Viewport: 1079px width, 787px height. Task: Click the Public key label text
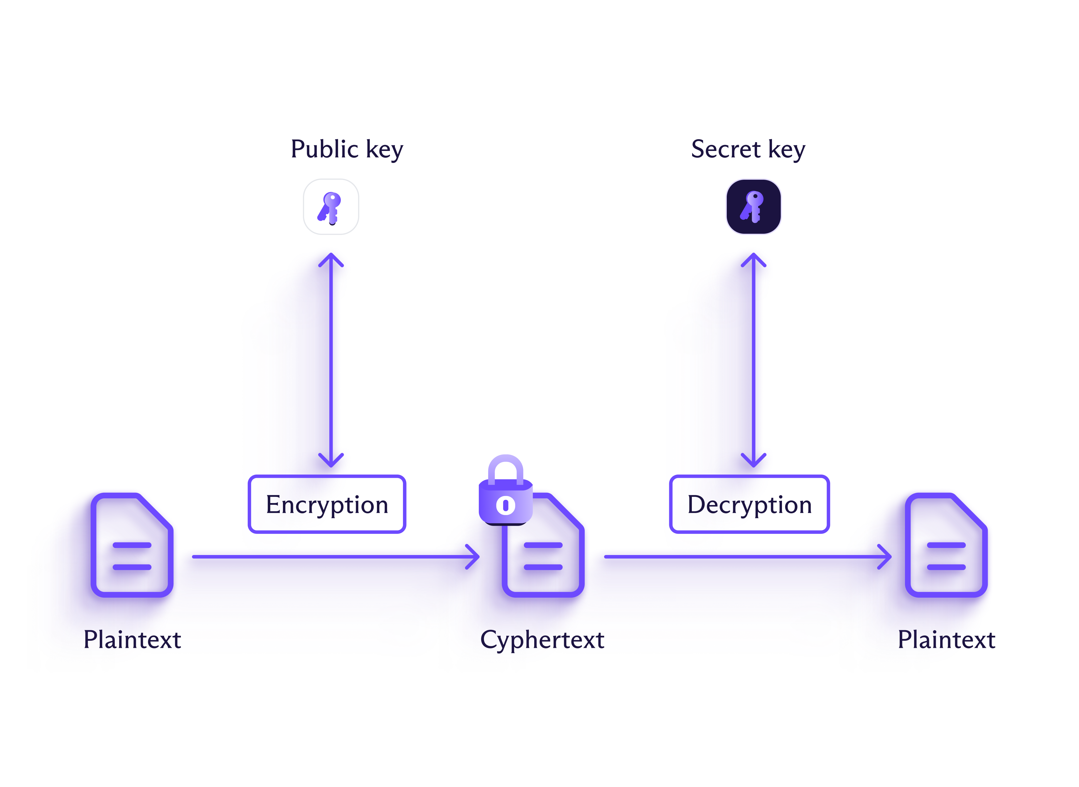(x=347, y=149)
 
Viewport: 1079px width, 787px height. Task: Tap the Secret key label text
(x=748, y=149)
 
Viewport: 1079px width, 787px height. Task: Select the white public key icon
(x=331, y=207)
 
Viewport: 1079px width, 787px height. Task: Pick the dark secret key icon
(x=753, y=207)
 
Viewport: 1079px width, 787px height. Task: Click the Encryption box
(x=327, y=504)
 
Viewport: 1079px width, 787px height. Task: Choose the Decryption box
(x=749, y=504)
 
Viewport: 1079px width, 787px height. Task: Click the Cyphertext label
(x=542, y=640)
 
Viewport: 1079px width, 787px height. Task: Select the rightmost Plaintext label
(x=946, y=640)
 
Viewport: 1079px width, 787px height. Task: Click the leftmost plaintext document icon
(x=132, y=546)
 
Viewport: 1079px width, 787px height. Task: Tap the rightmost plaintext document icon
(x=946, y=546)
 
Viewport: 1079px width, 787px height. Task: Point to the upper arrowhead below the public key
(x=331, y=260)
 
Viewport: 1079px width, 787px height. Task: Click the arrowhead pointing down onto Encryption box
(x=331, y=461)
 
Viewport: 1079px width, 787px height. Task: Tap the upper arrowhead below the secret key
(x=753, y=260)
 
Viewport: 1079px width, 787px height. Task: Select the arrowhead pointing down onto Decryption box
(x=753, y=461)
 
